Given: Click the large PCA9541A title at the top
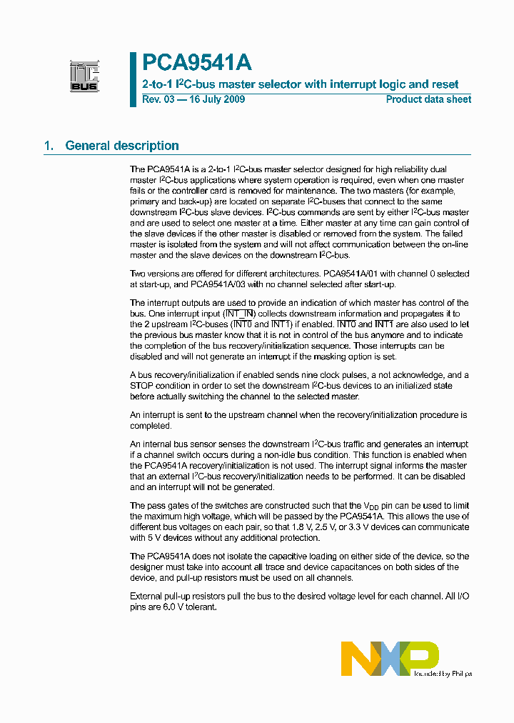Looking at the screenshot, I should (196, 63).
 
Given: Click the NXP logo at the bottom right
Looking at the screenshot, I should (390, 658).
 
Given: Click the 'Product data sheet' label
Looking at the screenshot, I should (428, 99).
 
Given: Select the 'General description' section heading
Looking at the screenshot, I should (122, 146).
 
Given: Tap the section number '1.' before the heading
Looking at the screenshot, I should (49, 146).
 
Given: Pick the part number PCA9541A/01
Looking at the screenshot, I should (350, 274).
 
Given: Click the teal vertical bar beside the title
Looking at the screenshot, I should (133, 79).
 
